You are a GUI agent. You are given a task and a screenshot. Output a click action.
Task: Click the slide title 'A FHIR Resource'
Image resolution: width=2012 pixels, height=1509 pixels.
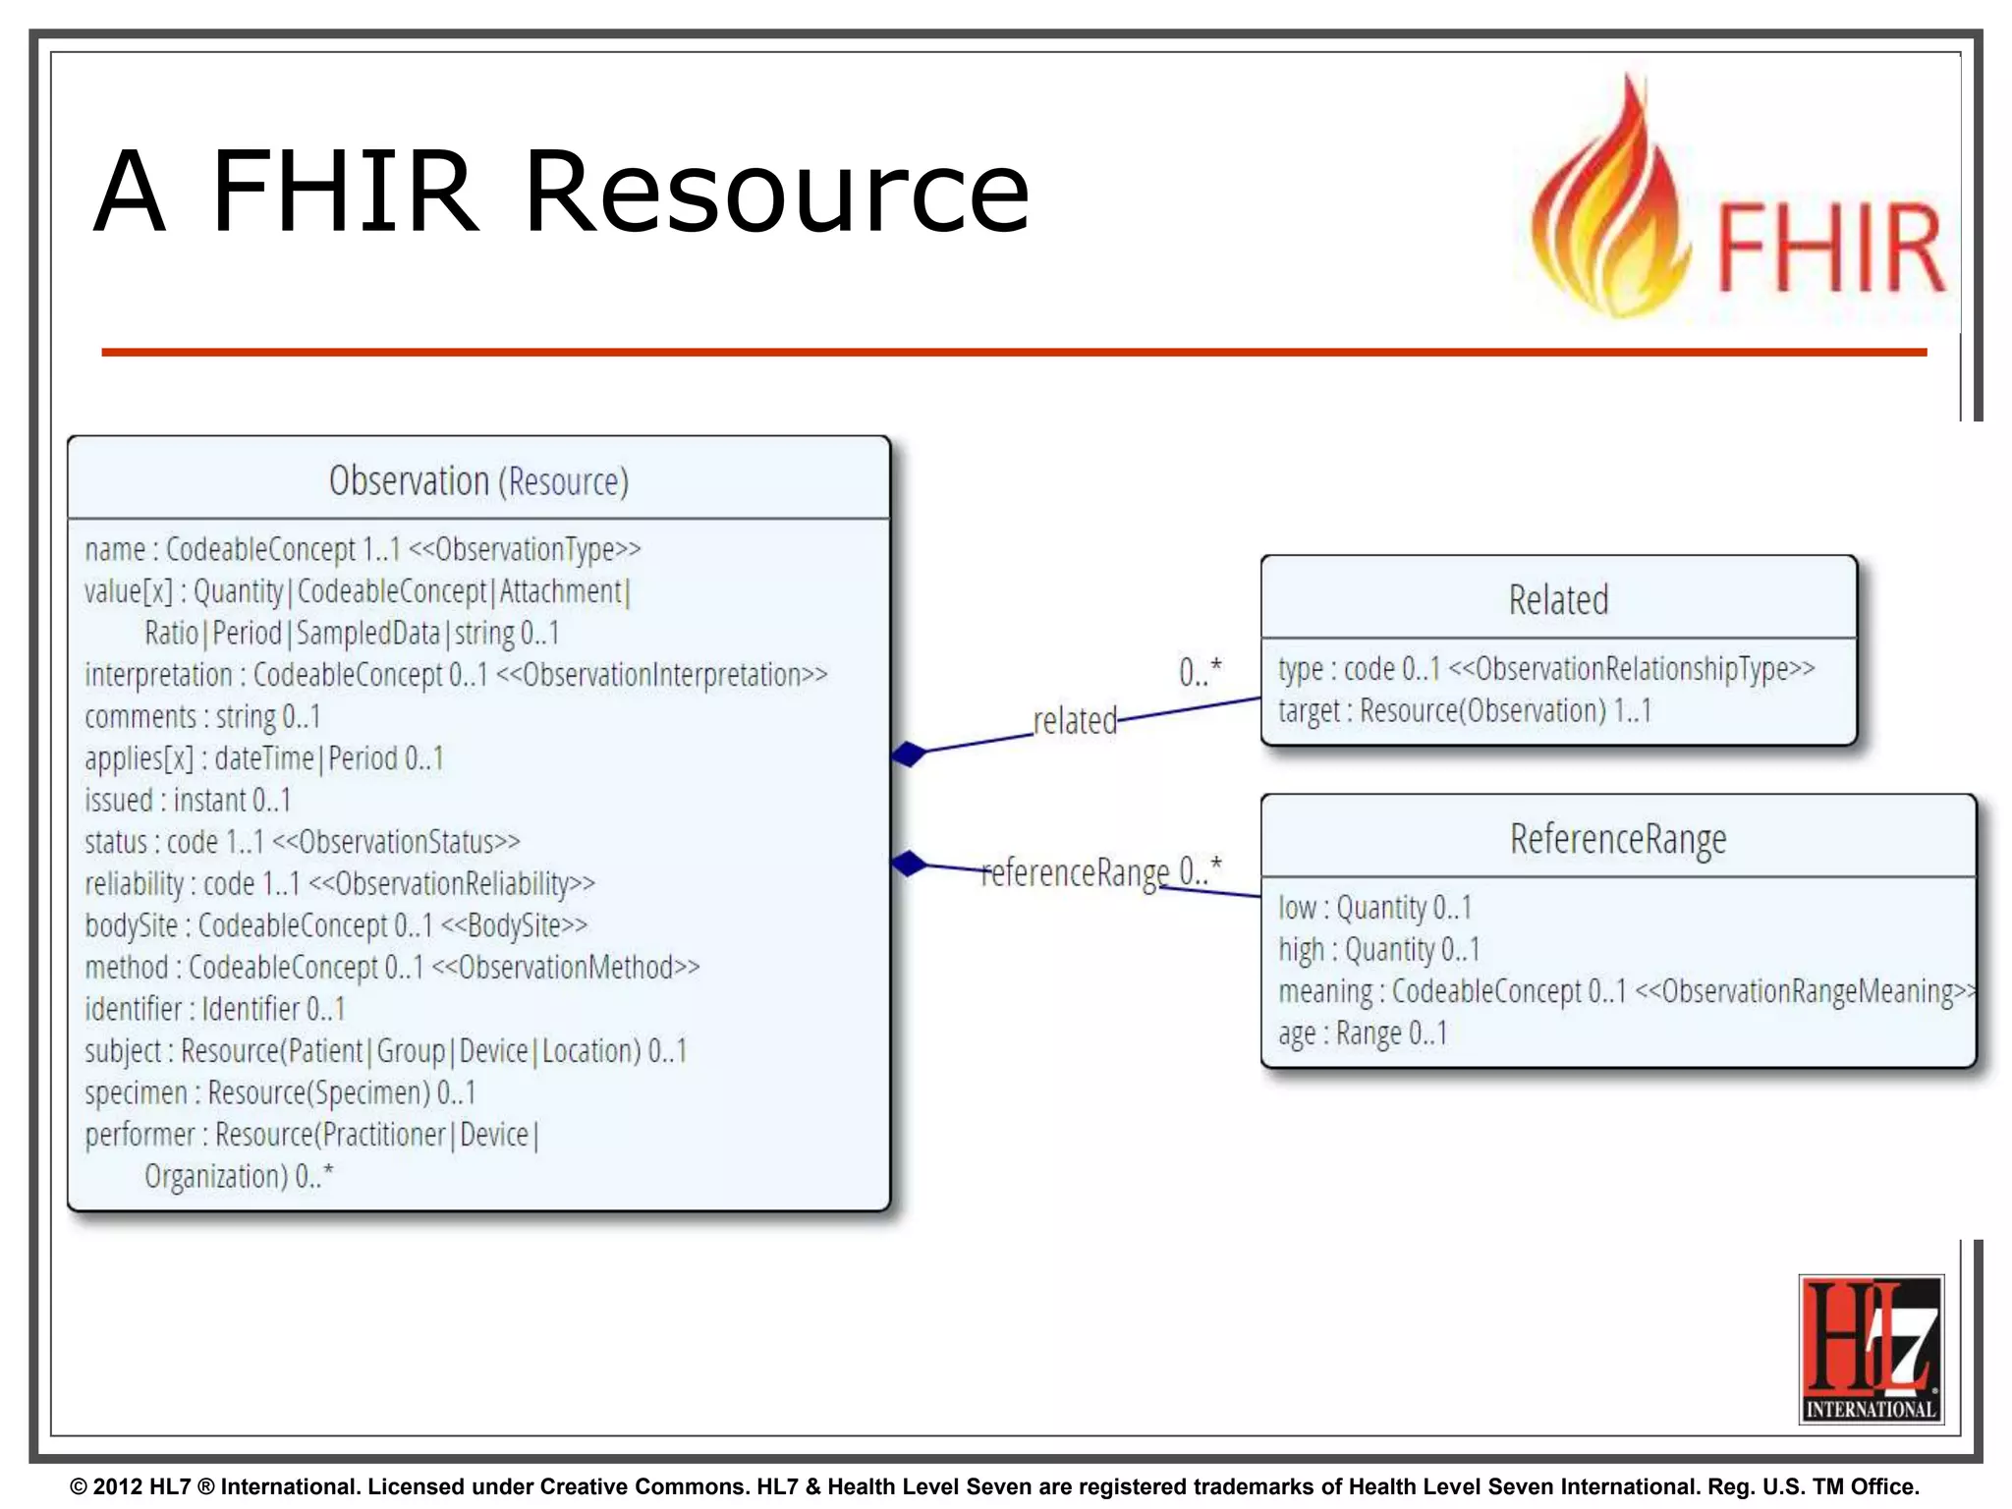[x=561, y=191]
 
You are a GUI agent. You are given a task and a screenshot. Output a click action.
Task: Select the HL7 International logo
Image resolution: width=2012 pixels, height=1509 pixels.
[x=1871, y=1348]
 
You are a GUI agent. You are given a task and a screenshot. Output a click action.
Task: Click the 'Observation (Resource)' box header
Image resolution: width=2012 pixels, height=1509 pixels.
[x=478, y=481]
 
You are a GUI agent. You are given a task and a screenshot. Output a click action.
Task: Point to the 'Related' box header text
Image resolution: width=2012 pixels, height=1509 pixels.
[x=1558, y=600]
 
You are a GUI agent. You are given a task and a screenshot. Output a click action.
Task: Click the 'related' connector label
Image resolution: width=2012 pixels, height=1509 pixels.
[x=1075, y=721]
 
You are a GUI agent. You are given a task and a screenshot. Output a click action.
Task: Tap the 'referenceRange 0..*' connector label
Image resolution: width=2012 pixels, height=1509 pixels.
[x=1100, y=871]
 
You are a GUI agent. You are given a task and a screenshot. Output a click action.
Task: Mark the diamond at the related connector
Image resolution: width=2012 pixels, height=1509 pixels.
[x=910, y=754]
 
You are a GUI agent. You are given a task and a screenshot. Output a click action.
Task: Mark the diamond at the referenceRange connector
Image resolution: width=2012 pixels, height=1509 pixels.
[x=910, y=864]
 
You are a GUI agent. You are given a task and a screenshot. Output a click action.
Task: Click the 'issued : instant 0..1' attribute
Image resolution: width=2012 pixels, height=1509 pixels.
[x=188, y=801]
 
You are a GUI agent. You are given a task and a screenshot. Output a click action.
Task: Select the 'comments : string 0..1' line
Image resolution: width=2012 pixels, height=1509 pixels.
[x=202, y=717]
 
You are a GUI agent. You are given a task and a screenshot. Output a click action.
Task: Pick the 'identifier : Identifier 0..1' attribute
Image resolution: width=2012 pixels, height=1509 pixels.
[x=215, y=1009]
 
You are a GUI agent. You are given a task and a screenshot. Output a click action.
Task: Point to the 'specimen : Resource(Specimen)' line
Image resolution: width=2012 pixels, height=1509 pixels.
[x=280, y=1092]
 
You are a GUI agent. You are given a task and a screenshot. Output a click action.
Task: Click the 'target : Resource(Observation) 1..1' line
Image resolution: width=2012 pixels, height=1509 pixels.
[x=1464, y=710]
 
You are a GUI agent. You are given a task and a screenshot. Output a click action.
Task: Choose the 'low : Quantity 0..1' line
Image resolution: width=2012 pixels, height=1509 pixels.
[x=1374, y=908]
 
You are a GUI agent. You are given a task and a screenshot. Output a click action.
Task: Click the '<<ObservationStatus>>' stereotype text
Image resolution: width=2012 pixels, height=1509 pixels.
[x=396, y=842]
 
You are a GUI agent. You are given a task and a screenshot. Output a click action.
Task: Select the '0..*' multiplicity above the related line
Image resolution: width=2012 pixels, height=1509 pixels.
[x=1200, y=672]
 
